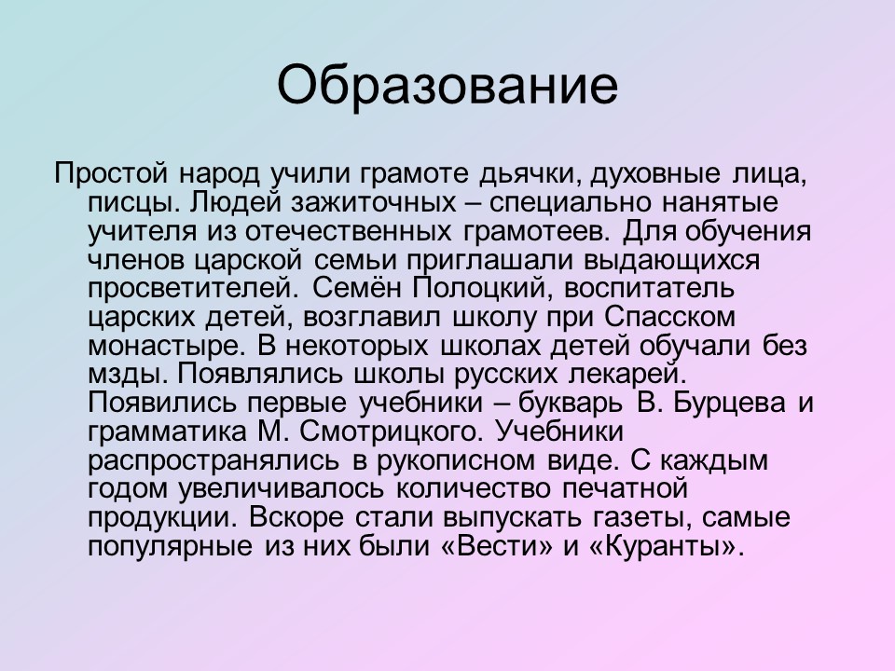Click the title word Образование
447,85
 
